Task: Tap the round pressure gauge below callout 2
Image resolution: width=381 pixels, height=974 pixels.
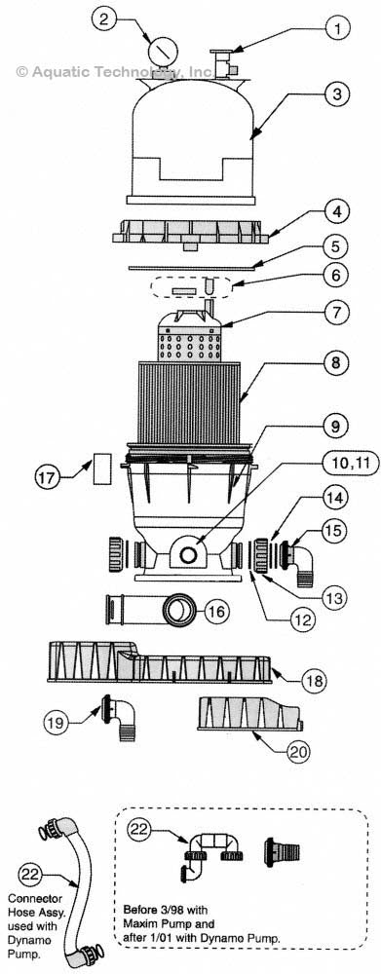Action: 157,50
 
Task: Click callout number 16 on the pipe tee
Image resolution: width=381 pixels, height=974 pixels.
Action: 215,612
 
